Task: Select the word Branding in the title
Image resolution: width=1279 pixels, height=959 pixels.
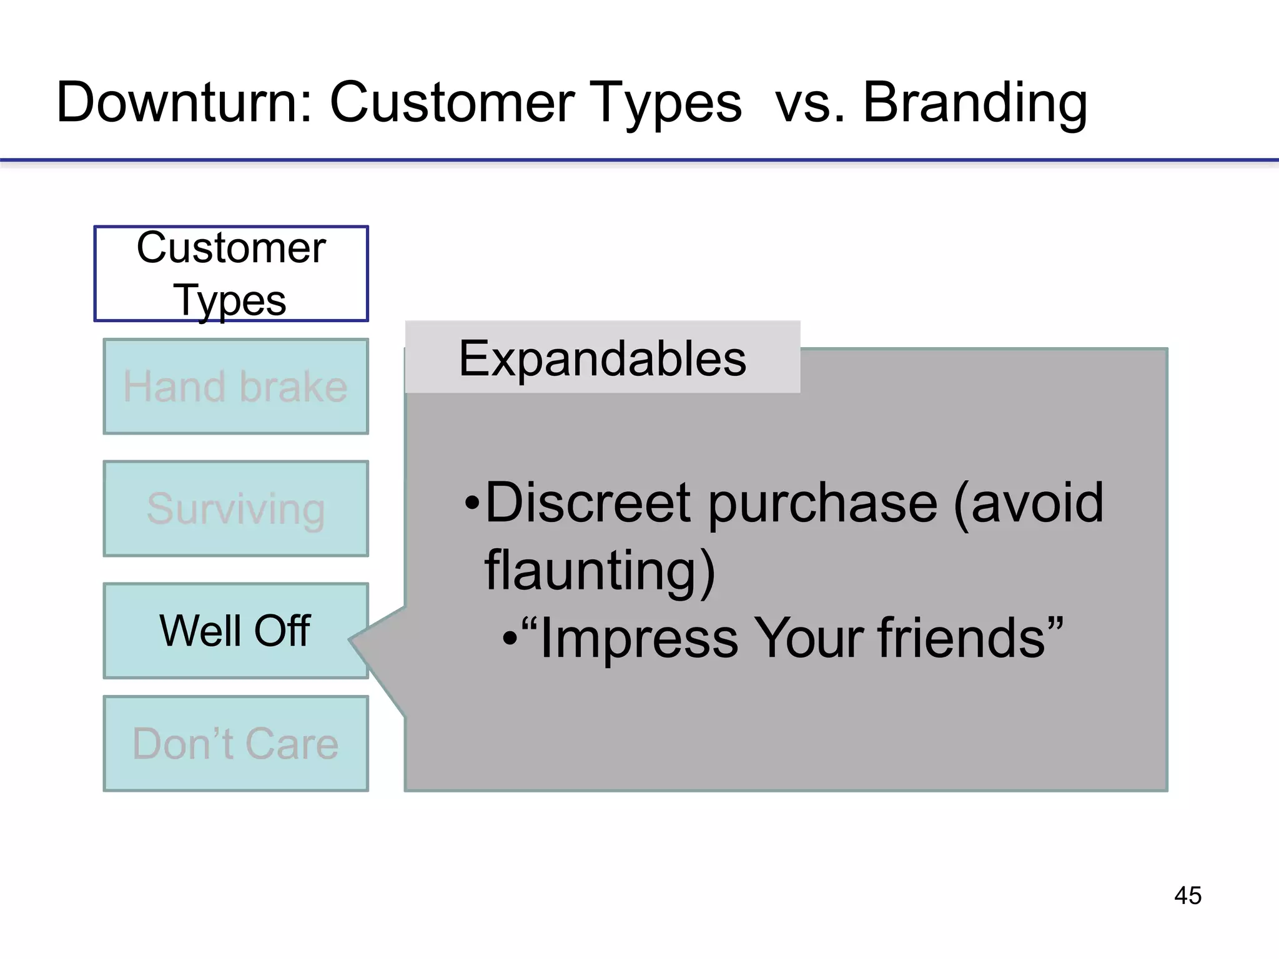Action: [x=975, y=103]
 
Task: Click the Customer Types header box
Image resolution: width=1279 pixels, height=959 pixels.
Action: [x=231, y=273]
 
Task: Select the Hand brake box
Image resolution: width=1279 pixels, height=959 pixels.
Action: [x=235, y=386]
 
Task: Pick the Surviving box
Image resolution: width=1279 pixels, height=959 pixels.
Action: [x=235, y=509]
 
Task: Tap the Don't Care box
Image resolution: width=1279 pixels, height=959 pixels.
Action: [x=235, y=744]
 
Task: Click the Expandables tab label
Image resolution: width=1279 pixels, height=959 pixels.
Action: [x=603, y=358]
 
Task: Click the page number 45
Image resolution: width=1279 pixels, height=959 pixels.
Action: [x=1187, y=895]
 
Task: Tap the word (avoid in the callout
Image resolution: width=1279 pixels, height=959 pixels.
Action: [x=1028, y=503]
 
